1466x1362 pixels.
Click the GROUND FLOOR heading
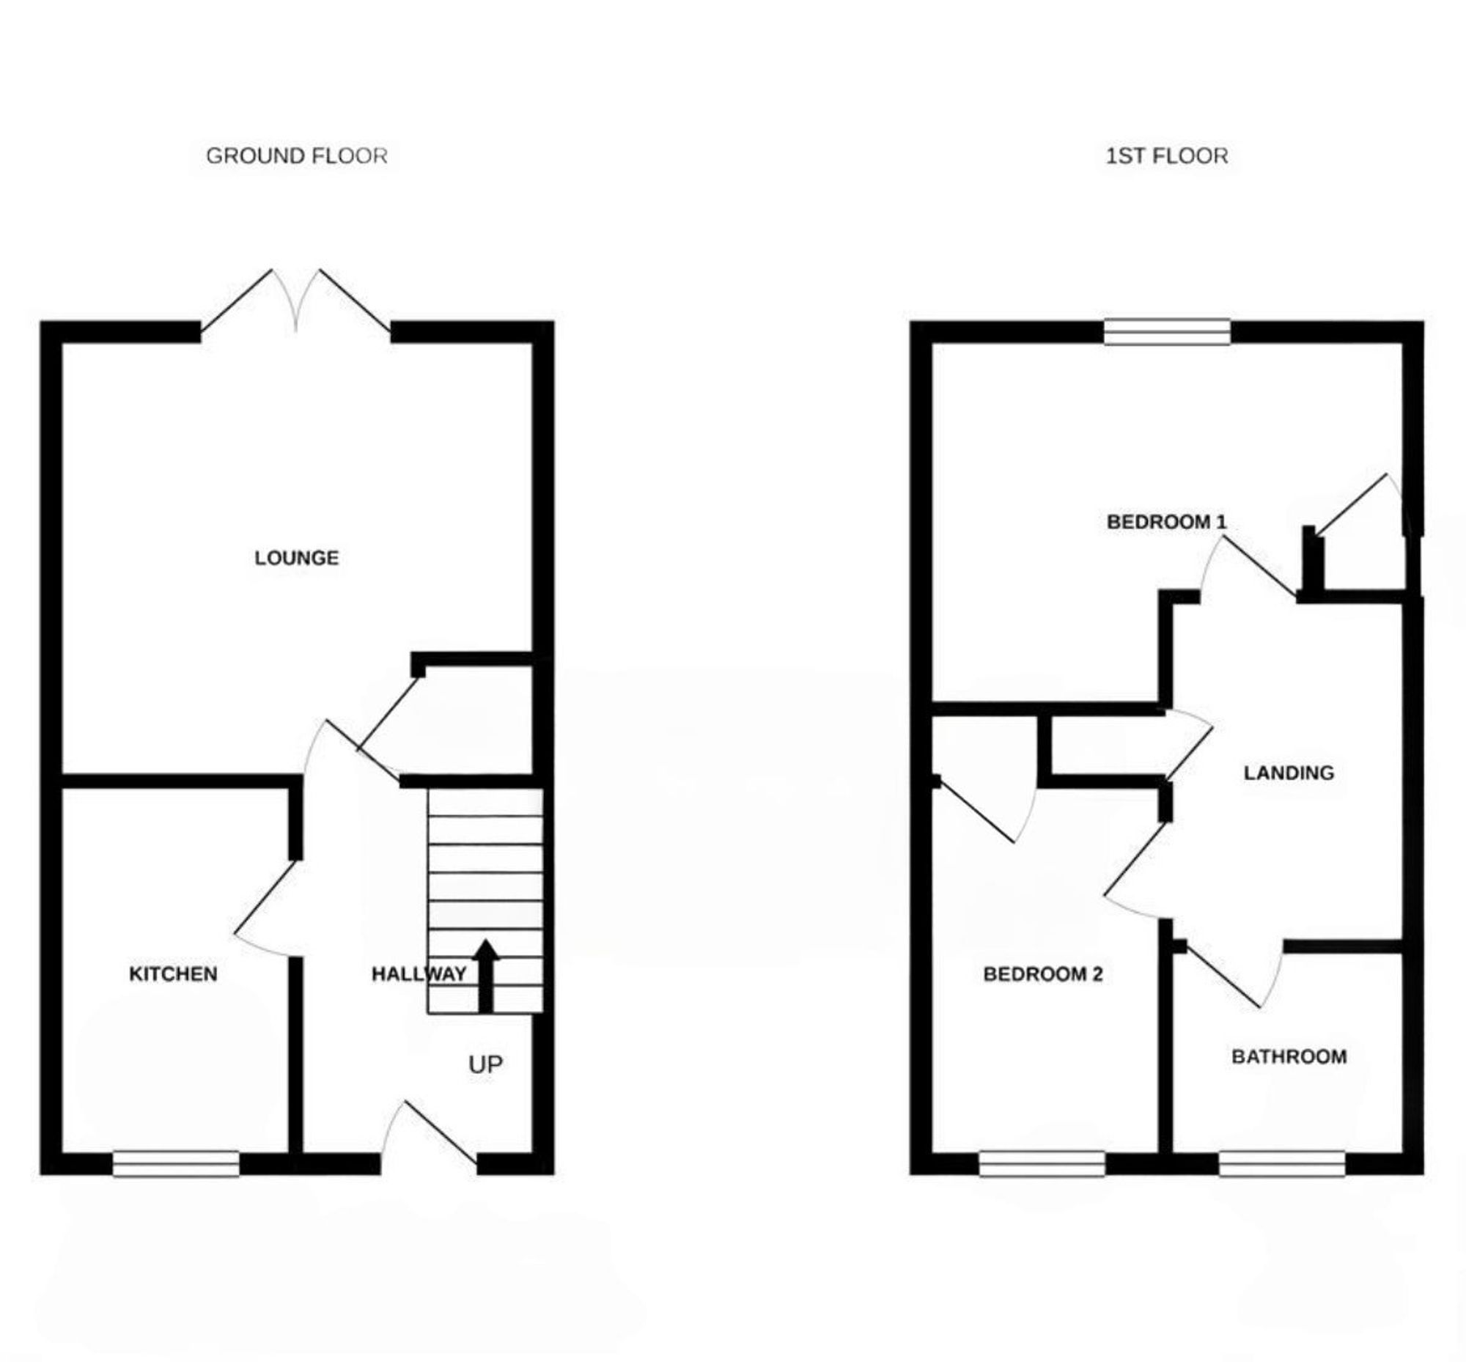click(295, 155)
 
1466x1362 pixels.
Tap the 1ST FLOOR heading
click(1166, 155)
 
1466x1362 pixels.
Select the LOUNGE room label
click(296, 558)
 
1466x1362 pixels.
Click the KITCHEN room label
click(173, 973)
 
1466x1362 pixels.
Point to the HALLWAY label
click(418, 973)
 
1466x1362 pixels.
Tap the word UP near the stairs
click(485, 1064)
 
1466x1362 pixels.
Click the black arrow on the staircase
click(486, 974)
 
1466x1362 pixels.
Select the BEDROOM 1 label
click(1166, 522)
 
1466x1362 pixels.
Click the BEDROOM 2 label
click(1042, 974)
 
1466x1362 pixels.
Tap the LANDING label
click(1289, 773)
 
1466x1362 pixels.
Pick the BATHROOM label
click(1289, 1057)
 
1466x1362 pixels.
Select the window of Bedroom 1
click(1167, 331)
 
